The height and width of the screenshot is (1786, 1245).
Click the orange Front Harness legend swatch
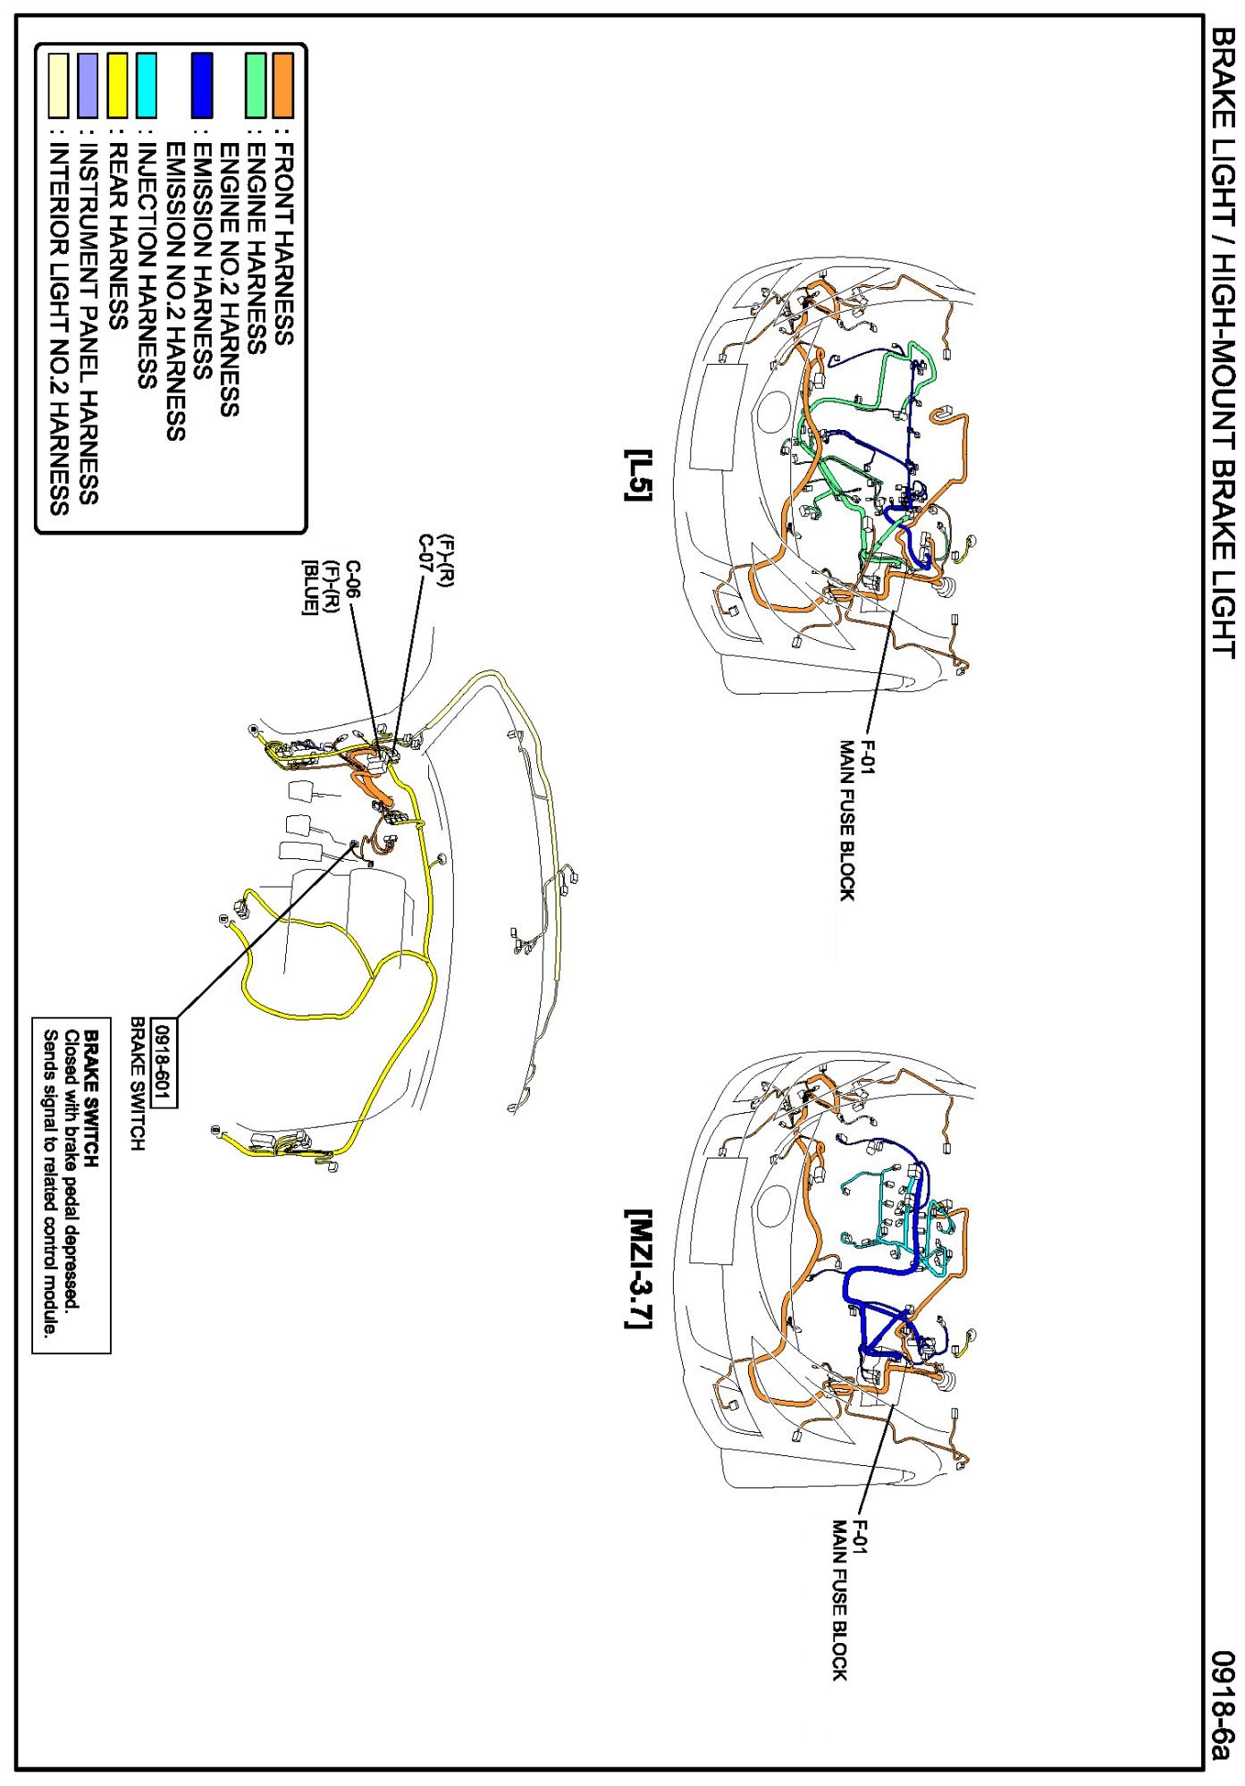[x=282, y=86]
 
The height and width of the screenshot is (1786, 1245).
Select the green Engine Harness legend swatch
[x=256, y=86]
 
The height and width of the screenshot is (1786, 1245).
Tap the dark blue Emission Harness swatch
[x=203, y=86]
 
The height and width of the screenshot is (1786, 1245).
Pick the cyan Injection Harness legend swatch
[x=147, y=86]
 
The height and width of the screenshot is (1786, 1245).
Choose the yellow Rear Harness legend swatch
[x=117, y=86]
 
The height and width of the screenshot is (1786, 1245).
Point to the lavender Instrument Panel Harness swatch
[x=88, y=86]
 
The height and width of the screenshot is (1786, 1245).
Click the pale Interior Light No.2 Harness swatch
[x=58, y=86]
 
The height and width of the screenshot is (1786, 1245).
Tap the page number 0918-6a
[x=1222, y=1704]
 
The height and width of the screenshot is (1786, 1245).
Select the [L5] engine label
[x=638, y=475]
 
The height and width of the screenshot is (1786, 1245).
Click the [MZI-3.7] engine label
[x=638, y=1269]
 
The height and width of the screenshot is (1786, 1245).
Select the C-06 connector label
[x=354, y=582]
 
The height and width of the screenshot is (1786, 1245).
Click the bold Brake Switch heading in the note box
[x=91, y=1099]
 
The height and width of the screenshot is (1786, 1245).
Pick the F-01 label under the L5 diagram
[x=865, y=755]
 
